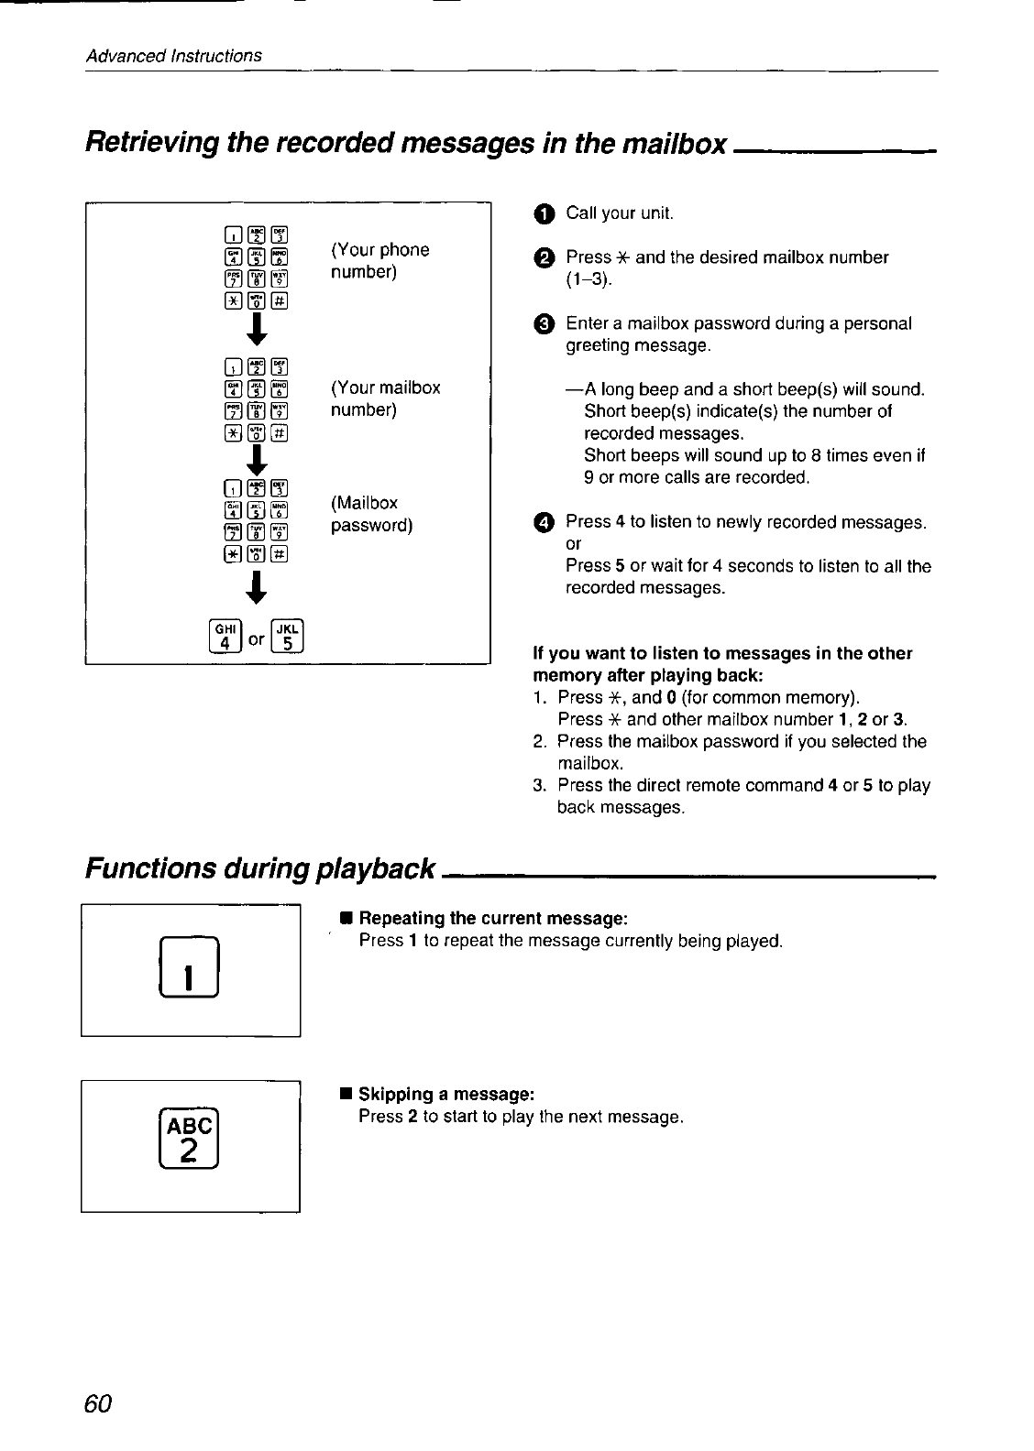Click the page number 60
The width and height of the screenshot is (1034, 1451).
(x=98, y=1404)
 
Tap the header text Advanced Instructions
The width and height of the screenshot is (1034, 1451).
(x=174, y=56)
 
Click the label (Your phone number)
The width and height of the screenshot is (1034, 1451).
(x=379, y=261)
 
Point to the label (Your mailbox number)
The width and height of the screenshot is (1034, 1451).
(x=385, y=398)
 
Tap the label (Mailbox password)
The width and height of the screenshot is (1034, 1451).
(x=371, y=515)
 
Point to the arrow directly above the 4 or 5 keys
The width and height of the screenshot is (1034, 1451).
(x=258, y=586)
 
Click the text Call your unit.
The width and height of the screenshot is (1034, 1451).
(x=620, y=213)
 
